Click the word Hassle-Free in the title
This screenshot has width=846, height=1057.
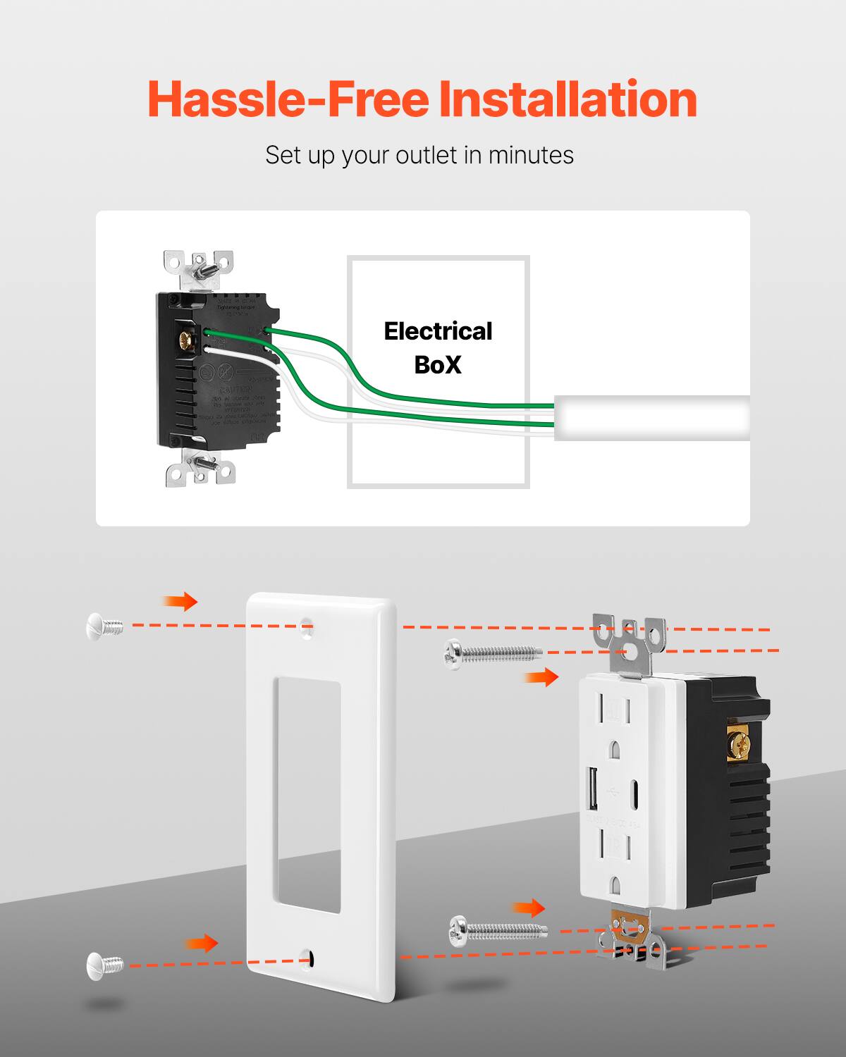(x=288, y=99)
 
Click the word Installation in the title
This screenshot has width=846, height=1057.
(x=568, y=99)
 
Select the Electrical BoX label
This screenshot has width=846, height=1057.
(x=438, y=347)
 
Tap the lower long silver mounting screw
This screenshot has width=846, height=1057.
(x=497, y=932)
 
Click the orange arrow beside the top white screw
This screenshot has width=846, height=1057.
(x=180, y=601)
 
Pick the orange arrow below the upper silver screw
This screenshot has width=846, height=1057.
(x=541, y=678)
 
